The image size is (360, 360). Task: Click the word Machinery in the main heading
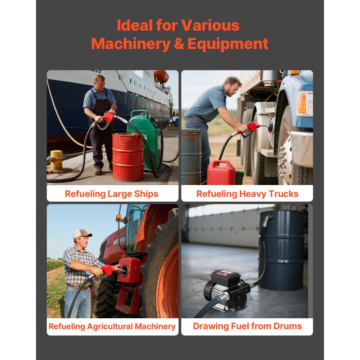point(127,44)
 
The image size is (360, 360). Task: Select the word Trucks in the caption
point(281,194)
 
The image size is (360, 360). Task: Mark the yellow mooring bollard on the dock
point(56,159)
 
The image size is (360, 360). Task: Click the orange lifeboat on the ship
point(161,76)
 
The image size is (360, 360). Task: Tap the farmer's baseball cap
point(82,234)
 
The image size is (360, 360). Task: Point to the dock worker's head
point(99,81)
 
